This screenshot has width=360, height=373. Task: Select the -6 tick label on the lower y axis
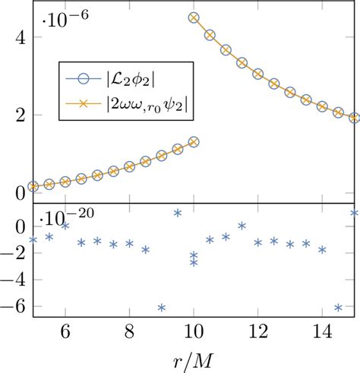click(x=14, y=308)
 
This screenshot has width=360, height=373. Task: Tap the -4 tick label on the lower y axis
click(x=14, y=280)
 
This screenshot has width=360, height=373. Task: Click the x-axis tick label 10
click(x=194, y=332)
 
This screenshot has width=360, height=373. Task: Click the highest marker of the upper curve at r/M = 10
click(x=194, y=17)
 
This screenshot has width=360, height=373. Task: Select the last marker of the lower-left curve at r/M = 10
click(x=194, y=142)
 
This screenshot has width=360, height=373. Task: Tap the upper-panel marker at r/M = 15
click(x=354, y=118)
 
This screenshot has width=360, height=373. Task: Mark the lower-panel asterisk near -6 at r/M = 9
click(x=162, y=308)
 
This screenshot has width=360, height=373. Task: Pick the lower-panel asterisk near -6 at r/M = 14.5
click(x=338, y=308)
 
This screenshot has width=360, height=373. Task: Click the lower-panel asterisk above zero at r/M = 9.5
click(x=178, y=213)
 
